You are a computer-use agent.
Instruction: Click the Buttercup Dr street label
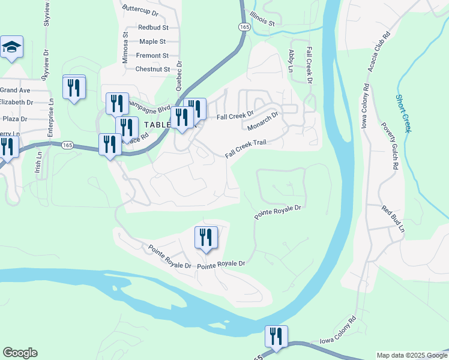click(140, 11)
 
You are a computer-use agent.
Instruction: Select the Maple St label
click(152, 41)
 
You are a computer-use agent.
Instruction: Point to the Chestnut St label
click(153, 69)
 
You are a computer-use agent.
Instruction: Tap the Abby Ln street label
click(291, 61)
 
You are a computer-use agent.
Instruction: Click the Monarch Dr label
click(263, 121)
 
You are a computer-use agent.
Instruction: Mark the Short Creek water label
click(403, 113)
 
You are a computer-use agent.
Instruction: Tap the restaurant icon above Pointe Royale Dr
click(206, 236)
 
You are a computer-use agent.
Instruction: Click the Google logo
click(20, 353)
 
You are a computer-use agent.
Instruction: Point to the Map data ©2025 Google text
click(411, 355)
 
